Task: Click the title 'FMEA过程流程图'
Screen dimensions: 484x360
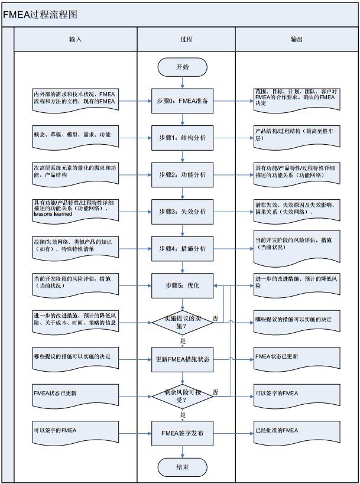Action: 41,14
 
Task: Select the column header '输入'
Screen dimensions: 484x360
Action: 75,40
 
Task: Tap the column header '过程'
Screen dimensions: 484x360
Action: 186,40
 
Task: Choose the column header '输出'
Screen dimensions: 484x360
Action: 297,40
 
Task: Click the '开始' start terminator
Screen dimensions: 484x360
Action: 182,67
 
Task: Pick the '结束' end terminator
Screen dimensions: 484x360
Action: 182,467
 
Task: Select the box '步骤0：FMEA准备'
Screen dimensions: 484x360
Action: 182,102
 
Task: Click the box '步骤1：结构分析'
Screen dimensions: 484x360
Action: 182,138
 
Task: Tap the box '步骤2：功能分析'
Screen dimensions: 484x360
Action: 182,175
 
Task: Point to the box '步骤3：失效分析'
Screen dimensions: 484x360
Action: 182,212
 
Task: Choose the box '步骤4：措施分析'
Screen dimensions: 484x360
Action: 182,249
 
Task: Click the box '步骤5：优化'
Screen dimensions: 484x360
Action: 182,285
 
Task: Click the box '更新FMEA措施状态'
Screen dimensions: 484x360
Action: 182,359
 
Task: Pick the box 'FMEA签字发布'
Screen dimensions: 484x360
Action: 182,433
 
